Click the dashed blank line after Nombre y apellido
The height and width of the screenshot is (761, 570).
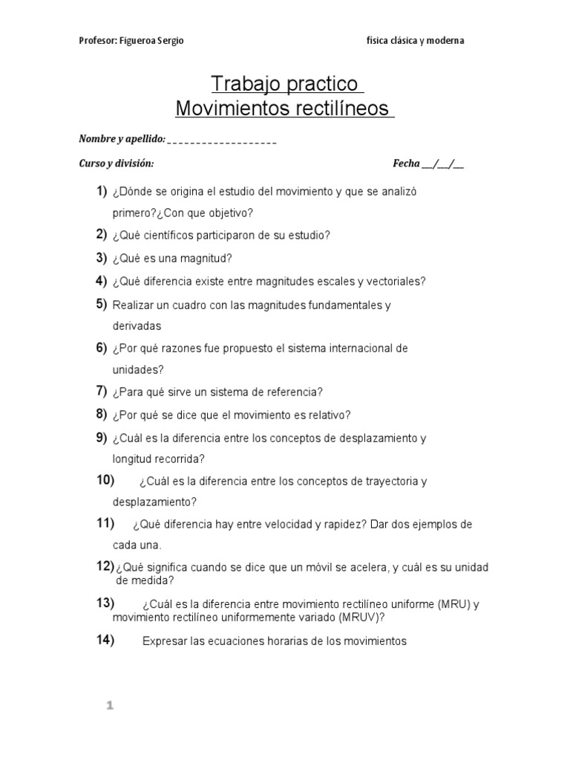(x=223, y=140)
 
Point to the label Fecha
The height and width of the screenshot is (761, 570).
(x=406, y=163)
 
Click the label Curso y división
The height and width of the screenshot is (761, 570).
(x=117, y=163)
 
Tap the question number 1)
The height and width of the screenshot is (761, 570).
(x=102, y=192)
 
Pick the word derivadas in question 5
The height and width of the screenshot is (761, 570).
(x=137, y=326)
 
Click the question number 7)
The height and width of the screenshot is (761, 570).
(x=102, y=391)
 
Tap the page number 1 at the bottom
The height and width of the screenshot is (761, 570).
(x=108, y=707)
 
